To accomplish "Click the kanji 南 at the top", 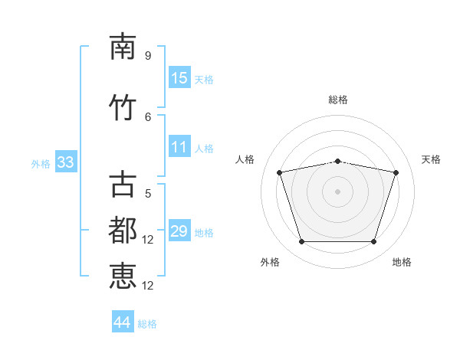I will (123, 47).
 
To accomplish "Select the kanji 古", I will (123, 185).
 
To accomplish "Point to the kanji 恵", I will (123, 276).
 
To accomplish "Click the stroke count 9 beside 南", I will (147, 56).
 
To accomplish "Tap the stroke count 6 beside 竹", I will (147, 116).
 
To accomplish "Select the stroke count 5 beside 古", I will (147, 193).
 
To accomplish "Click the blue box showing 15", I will (179, 78).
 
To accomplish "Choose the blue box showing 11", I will (179, 148).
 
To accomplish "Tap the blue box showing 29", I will (179, 231).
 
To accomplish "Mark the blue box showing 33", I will (65, 162).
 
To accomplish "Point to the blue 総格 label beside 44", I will (147, 324).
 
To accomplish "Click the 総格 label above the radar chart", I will (338, 100).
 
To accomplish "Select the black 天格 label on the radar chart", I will (431, 159).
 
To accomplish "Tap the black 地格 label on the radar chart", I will (402, 262).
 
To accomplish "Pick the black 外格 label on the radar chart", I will (270, 262).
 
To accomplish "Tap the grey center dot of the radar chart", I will (337, 191).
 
